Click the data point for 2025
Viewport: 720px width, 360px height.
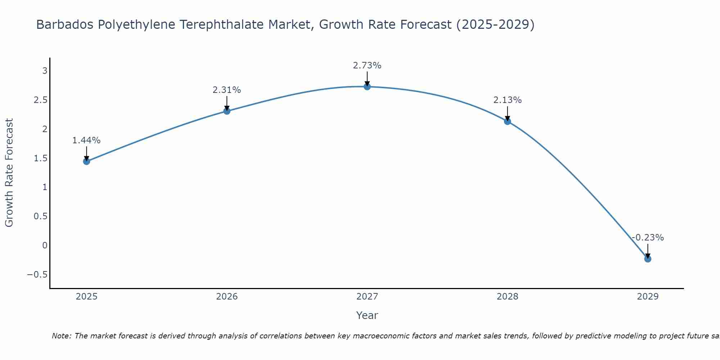pyautogui.click(x=86, y=161)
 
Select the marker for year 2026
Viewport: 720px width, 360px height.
pyautogui.click(x=227, y=111)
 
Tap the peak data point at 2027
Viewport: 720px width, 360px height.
pyautogui.click(x=367, y=86)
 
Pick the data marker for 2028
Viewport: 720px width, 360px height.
pyautogui.click(x=508, y=121)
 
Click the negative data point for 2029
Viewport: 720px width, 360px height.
pyautogui.click(x=648, y=259)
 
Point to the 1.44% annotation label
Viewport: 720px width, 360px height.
pyautogui.click(x=86, y=140)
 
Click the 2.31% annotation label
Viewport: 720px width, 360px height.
pyautogui.click(x=227, y=90)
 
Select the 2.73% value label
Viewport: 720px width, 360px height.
pyautogui.click(x=367, y=66)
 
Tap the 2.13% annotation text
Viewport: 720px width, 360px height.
pyautogui.click(x=508, y=100)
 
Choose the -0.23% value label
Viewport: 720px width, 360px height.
pyautogui.click(x=648, y=238)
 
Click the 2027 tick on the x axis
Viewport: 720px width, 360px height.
pyautogui.click(x=367, y=297)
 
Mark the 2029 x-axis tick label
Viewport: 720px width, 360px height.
pyautogui.click(x=648, y=297)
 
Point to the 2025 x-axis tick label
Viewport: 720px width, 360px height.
pyautogui.click(x=86, y=297)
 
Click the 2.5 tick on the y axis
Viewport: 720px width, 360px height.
pyautogui.click(x=41, y=100)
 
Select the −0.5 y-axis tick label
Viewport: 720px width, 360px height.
pyautogui.click(x=37, y=275)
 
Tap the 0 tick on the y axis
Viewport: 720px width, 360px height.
pyautogui.click(x=45, y=246)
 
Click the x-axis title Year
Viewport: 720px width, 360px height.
pyautogui.click(x=367, y=315)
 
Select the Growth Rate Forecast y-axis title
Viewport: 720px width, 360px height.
pyautogui.click(x=9, y=173)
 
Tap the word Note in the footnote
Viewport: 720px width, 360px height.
pyautogui.click(x=61, y=336)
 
